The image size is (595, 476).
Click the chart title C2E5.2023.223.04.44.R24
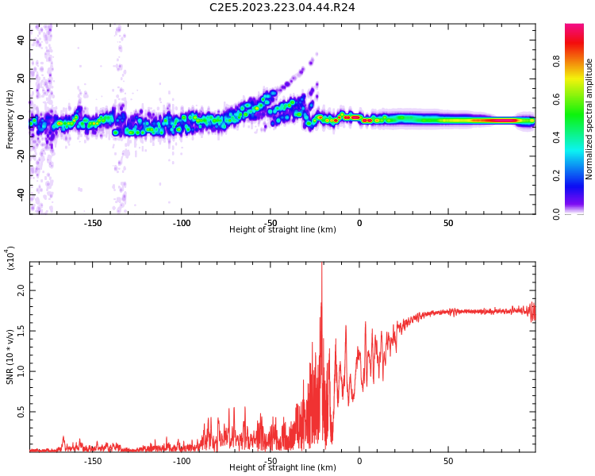(x=282, y=7)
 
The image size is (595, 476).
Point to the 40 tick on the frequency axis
(x=21, y=39)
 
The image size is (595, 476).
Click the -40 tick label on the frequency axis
(x=21, y=194)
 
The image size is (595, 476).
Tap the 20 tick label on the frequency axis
(x=21, y=78)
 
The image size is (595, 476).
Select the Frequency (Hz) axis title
(x=10, y=119)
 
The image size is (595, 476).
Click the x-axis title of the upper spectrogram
(x=282, y=230)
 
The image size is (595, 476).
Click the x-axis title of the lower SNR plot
(x=282, y=468)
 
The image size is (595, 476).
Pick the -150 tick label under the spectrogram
(x=92, y=223)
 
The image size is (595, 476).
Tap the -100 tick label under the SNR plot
(x=182, y=461)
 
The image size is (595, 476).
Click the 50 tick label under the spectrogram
(x=448, y=223)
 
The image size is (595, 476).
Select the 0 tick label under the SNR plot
(x=359, y=461)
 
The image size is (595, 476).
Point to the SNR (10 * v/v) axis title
(x=10, y=357)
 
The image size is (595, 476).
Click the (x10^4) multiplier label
(x=10, y=258)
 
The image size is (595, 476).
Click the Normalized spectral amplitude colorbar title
(x=589, y=119)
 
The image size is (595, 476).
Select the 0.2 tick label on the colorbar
(x=578, y=175)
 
